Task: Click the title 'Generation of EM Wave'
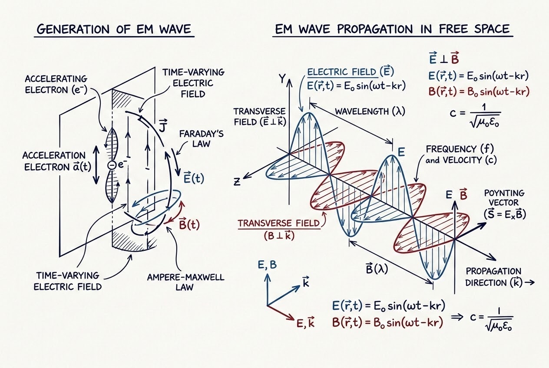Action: [114, 29]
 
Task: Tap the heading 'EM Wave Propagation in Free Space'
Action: [392, 29]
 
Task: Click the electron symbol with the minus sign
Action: [111, 165]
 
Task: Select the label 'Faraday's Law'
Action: [201, 138]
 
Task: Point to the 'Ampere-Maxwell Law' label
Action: [185, 282]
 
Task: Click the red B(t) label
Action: [189, 224]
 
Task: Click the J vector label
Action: [162, 125]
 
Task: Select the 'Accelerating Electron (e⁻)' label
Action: [56, 84]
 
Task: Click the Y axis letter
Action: [282, 79]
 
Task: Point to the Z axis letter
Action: [237, 182]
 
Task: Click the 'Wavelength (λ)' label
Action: [370, 112]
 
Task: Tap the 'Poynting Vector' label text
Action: [504, 198]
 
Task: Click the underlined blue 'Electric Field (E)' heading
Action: [351, 72]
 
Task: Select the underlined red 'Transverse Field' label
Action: [279, 223]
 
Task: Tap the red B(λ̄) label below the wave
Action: [377, 268]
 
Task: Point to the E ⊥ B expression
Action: [444, 59]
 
